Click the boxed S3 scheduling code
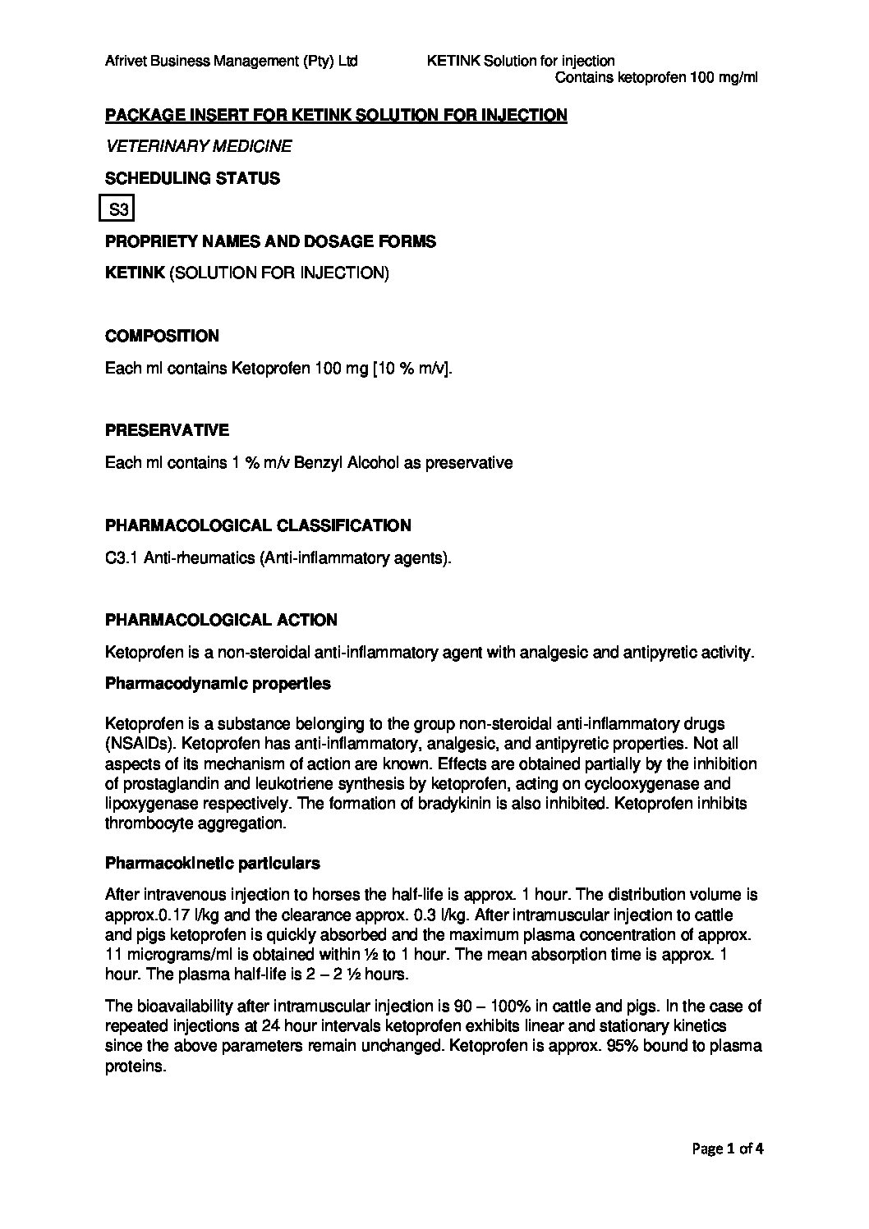[x=118, y=210]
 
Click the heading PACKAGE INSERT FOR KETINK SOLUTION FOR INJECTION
[x=336, y=115]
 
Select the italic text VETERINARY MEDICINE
[x=199, y=147]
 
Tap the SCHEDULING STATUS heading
[x=192, y=178]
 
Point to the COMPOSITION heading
[x=163, y=337]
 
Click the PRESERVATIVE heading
[x=167, y=431]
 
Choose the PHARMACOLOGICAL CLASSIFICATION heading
[x=259, y=525]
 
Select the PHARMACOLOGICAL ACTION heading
[x=221, y=620]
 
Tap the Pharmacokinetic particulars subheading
[x=213, y=864]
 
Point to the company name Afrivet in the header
[x=126, y=61]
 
